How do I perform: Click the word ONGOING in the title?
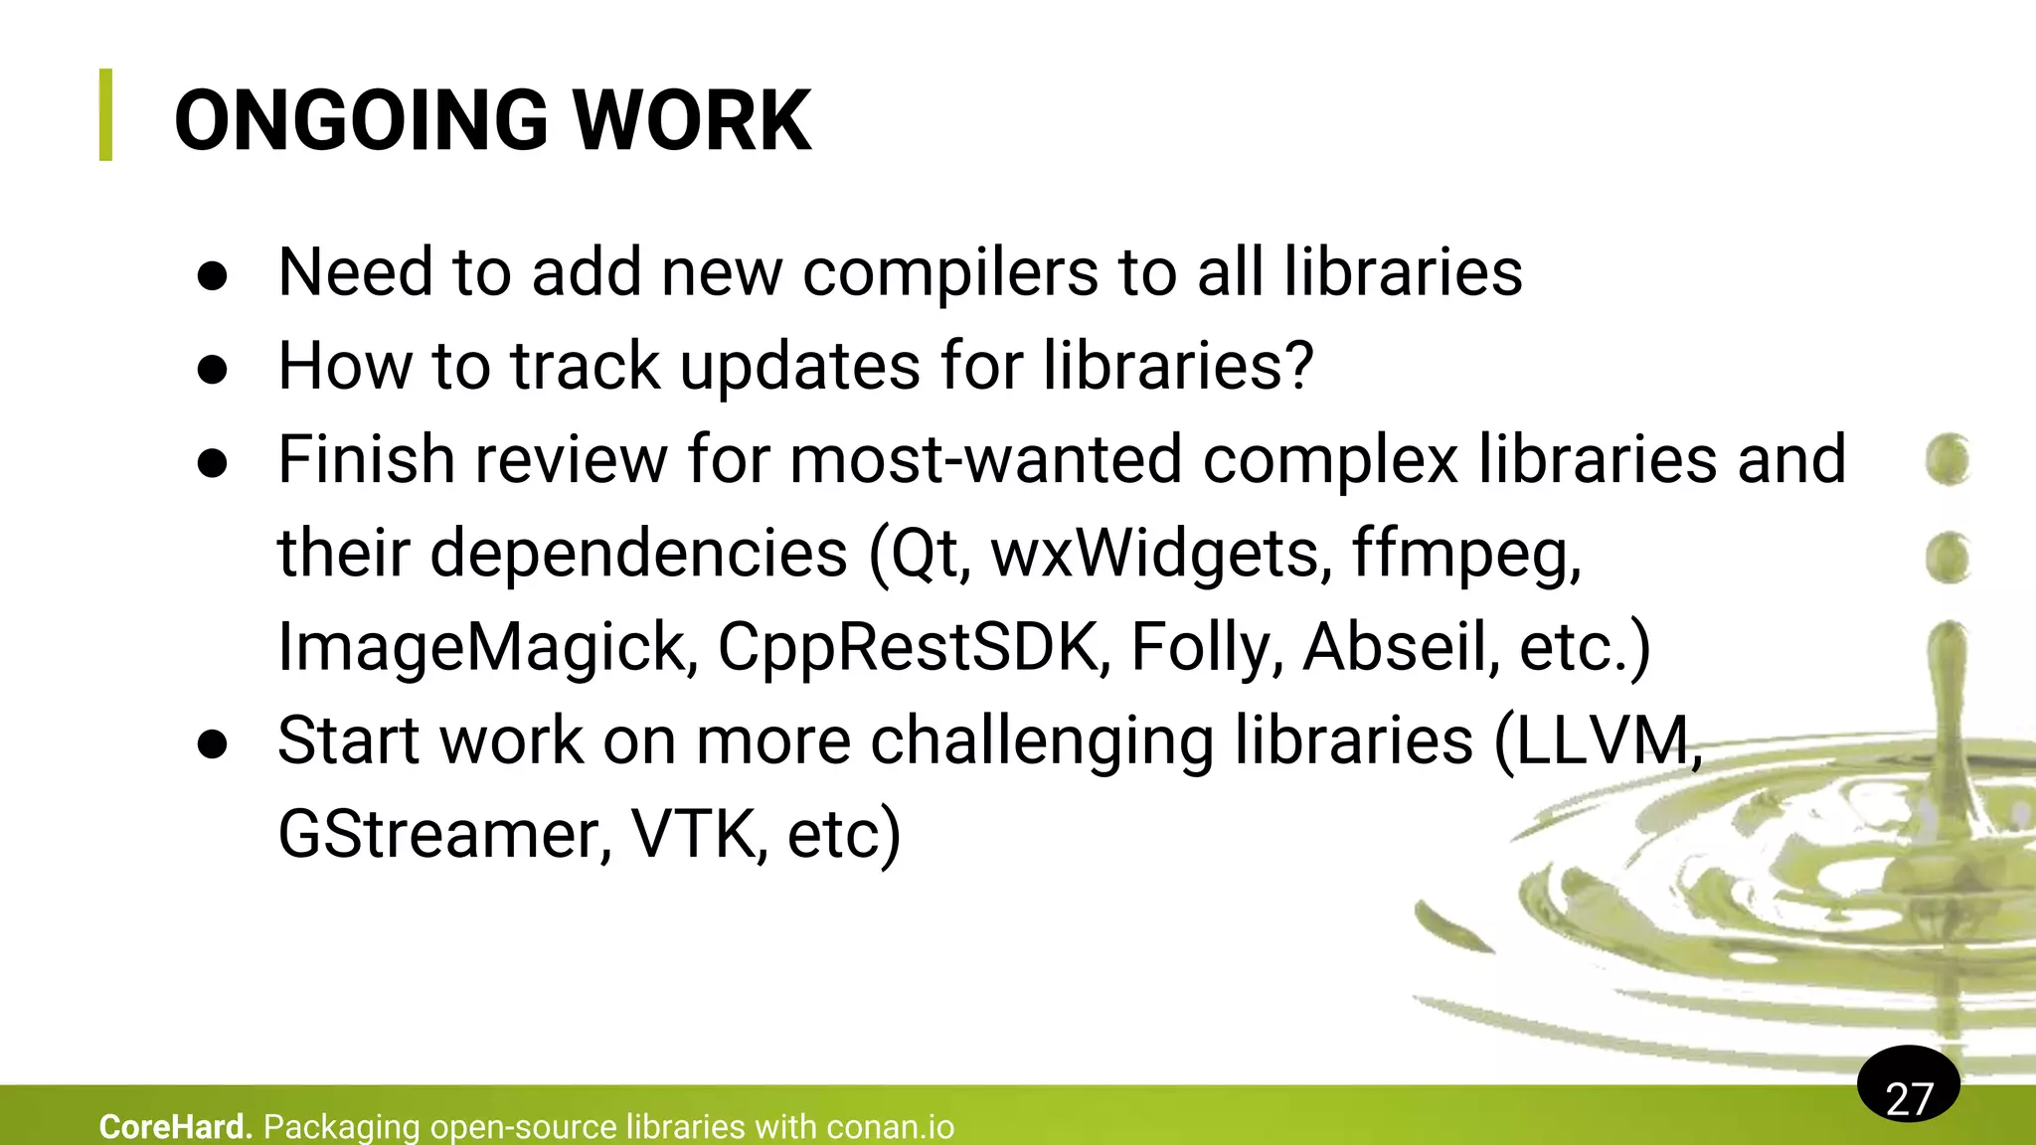click(361, 121)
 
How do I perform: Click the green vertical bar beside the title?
click(106, 114)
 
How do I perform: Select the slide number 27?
click(1909, 1098)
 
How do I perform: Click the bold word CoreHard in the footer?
click(175, 1127)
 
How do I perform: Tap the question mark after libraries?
click(1296, 366)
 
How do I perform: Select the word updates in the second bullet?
click(800, 368)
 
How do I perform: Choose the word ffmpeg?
click(1465, 556)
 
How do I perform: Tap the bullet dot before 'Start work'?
click(213, 743)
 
